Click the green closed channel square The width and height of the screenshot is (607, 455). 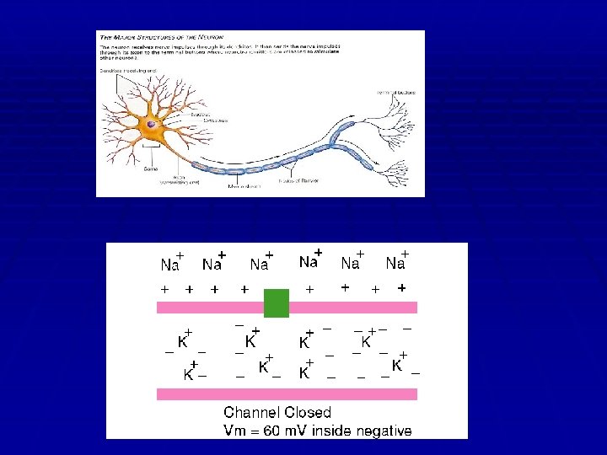277,303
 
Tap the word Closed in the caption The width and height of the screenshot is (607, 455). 307,413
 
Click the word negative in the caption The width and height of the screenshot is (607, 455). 382,431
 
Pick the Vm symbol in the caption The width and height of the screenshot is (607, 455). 234,431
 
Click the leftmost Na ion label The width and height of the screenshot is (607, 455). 170,265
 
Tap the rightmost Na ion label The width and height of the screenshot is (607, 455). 395,264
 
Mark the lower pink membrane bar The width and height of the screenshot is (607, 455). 287,393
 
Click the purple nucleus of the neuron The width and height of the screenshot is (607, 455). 152,124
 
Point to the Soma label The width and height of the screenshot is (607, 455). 151,169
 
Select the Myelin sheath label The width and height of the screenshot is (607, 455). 245,184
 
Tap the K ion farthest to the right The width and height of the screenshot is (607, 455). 396,365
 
